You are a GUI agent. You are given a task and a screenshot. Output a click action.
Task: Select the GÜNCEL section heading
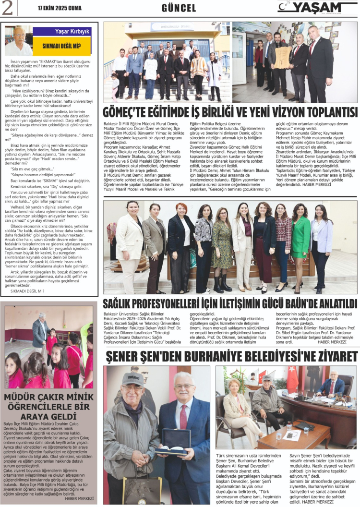(179, 8)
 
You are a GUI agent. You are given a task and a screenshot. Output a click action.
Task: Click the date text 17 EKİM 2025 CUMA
(61, 8)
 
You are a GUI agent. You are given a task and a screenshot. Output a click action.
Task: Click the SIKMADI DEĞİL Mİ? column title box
(61, 46)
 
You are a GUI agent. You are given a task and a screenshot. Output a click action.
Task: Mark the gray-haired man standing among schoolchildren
(40, 331)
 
